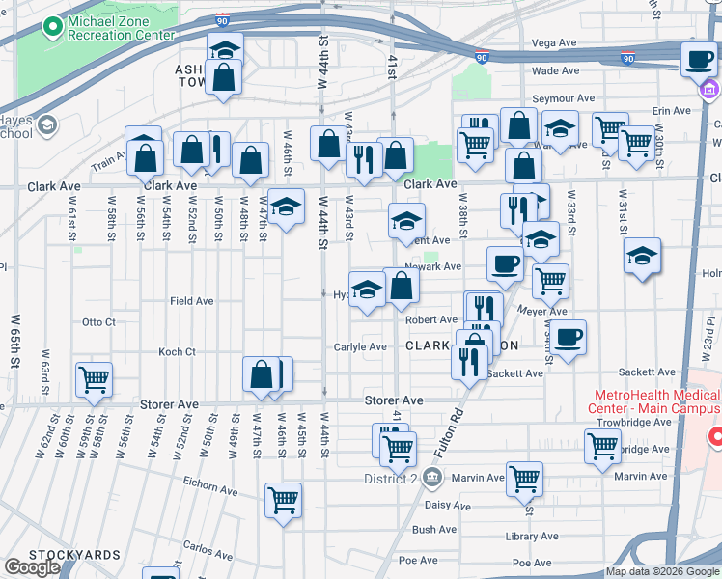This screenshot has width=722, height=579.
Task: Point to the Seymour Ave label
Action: [x=565, y=98]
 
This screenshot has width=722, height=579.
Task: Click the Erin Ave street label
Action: [x=672, y=111]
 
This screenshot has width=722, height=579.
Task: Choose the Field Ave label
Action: [x=192, y=301]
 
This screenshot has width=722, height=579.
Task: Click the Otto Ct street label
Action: [x=98, y=322]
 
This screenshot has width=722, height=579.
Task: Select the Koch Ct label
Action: [x=177, y=352]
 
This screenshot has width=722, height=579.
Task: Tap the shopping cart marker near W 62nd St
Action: [x=95, y=379]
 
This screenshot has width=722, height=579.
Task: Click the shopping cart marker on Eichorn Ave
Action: [x=283, y=499]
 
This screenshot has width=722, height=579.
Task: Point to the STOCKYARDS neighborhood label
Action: [x=74, y=555]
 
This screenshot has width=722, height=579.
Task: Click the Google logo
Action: [x=32, y=567]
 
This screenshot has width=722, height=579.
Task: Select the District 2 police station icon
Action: [x=431, y=477]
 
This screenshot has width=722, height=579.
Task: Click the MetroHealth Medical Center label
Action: [x=656, y=401]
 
